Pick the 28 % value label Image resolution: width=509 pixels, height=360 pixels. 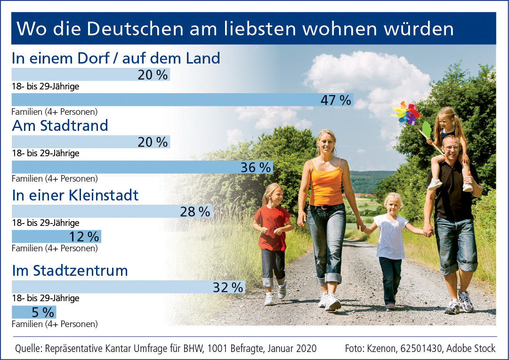[x=195, y=212]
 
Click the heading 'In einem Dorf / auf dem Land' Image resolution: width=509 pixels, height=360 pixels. [x=116, y=58]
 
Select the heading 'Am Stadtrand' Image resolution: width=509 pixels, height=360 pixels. [x=60, y=126]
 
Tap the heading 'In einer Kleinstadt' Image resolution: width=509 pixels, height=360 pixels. [x=75, y=195]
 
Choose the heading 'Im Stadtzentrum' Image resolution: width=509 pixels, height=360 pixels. [x=70, y=271]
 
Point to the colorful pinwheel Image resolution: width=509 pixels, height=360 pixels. [x=406, y=113]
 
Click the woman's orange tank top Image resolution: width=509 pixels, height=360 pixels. [x=326, y=182]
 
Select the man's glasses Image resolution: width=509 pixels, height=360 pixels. [x=451, y=148]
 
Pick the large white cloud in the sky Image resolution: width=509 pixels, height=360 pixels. [x=367, y=75]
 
